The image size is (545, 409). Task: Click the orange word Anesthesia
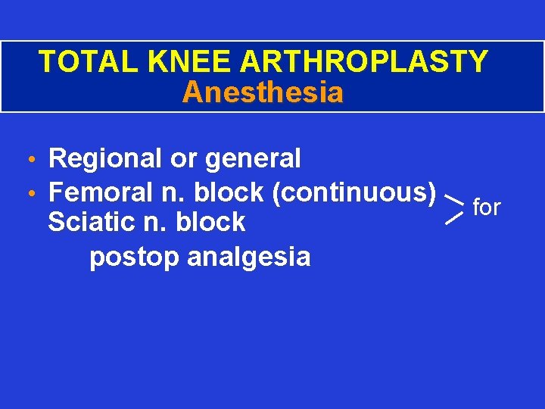(x=263, y=93)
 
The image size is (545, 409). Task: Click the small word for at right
(x=487, y=207)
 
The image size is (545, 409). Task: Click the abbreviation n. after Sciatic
(x=160, y=223)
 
